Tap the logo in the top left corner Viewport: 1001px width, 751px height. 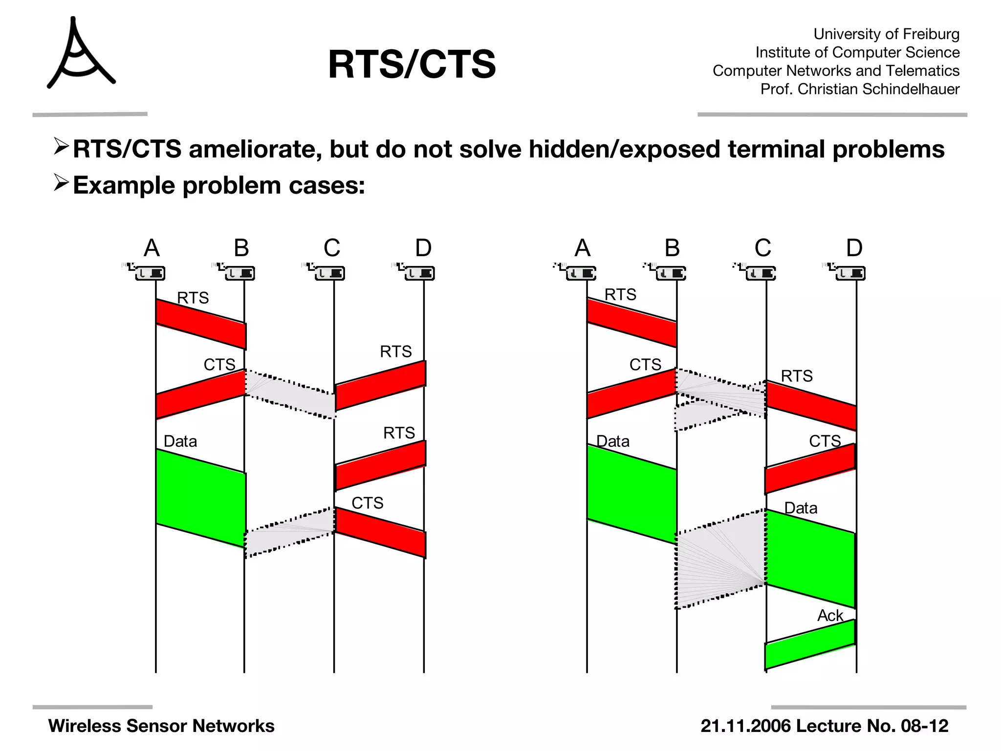[x=80, y=54]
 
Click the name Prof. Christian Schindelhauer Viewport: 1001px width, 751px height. [x=860, y=89]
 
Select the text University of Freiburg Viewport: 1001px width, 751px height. [x=886, y=34]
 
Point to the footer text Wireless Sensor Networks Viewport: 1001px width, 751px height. [x=161, y=726]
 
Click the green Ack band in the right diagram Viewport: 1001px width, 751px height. [x=810, y=644]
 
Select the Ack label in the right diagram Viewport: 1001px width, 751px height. [x=830, y=616]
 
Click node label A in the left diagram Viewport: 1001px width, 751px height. [x=152, y=248]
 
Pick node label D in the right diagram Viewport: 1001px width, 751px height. [x=854, y=248]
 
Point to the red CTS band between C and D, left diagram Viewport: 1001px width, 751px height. [x=380, y=532]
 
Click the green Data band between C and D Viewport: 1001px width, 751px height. [x=810, y=558]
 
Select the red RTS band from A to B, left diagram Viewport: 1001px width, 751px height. [x=200, y=324]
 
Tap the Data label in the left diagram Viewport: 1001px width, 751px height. [x=180, y=441]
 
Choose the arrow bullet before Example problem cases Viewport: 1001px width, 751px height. [x=61, y=183]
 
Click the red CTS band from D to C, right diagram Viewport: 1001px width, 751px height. [x=810, y=468]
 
